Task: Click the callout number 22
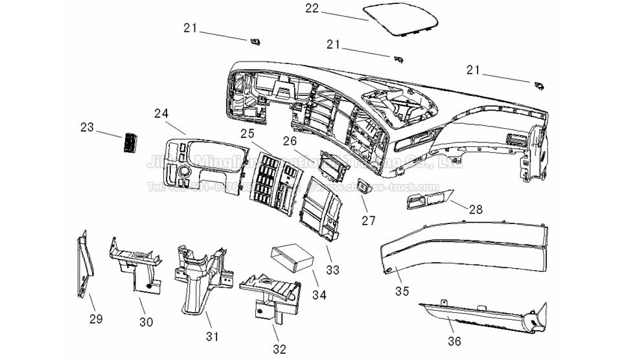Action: tap(313, 8)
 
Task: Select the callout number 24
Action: tap(161, 113)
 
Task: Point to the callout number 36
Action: tap(456, 341)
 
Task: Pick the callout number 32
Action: tap(279, 350)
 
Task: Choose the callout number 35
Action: tap(402, 291)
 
